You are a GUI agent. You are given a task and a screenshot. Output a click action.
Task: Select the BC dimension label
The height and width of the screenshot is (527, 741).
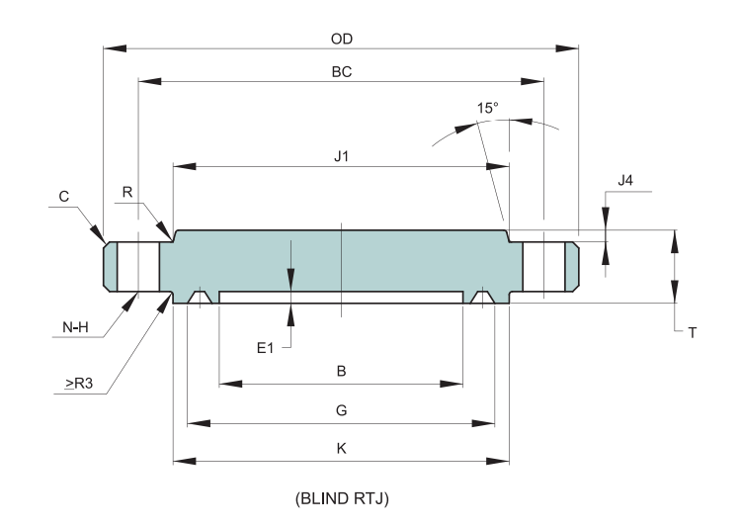coord(342,72)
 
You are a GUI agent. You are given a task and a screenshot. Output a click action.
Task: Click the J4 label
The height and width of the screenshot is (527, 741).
coord(624,180)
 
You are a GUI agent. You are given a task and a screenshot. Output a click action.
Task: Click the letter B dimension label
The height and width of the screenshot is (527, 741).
coord(342,372)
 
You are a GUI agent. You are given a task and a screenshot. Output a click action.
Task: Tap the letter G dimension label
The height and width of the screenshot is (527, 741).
coord(342,408)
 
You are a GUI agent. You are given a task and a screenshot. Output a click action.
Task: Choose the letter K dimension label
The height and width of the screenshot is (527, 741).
coord(342,447)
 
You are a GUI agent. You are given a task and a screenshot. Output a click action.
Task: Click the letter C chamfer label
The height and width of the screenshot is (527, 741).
coord(64,197)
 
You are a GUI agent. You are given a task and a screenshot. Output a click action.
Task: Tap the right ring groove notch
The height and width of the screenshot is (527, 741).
coord(482,297)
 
